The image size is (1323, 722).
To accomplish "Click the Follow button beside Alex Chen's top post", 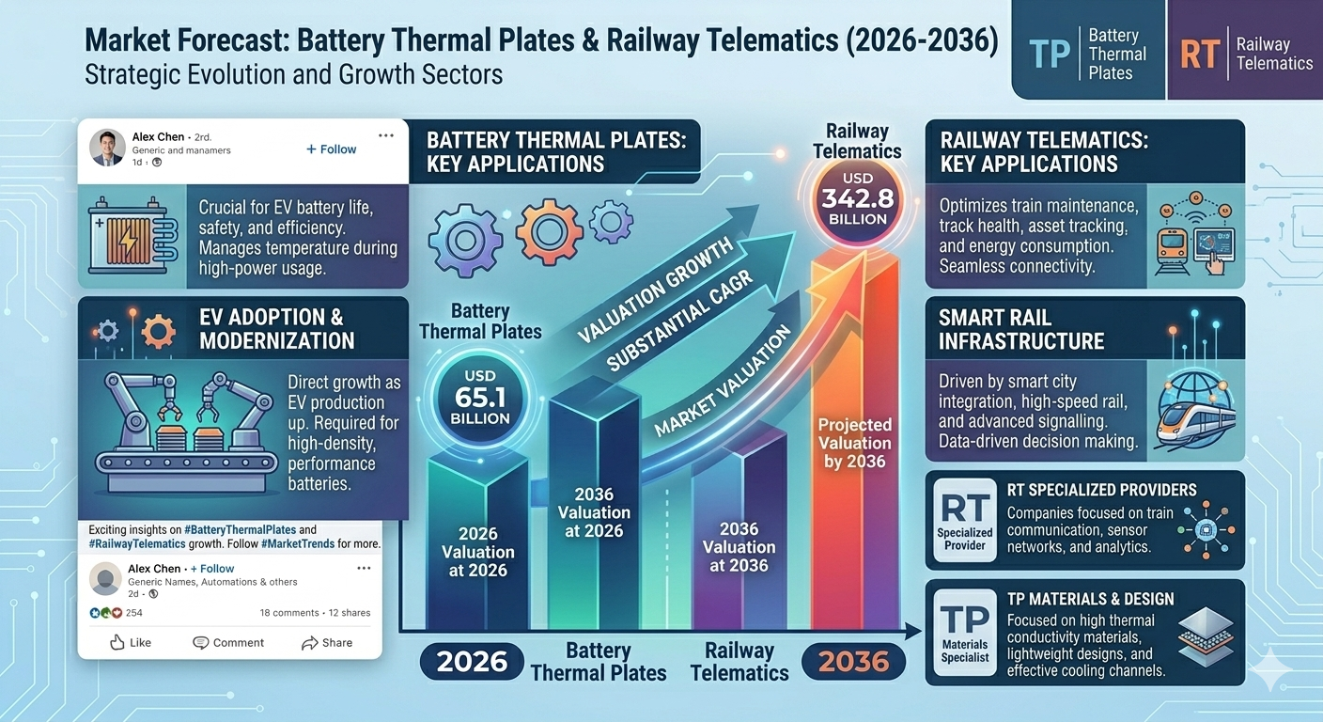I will pos(332,149).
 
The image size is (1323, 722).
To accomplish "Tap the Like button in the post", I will pos(131,643).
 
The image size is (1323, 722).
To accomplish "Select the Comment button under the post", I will pos(228,643).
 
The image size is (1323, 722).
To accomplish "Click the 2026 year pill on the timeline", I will pos(473,661).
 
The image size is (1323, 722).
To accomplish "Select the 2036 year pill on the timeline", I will pos(853,661).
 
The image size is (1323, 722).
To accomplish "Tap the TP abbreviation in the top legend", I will pos(1049,55).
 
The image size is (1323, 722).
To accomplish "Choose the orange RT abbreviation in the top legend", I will pos(1200,55).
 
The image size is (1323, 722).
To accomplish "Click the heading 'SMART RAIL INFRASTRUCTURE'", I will pos(1020,329).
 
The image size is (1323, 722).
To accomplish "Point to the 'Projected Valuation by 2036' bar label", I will pos(854,443).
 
